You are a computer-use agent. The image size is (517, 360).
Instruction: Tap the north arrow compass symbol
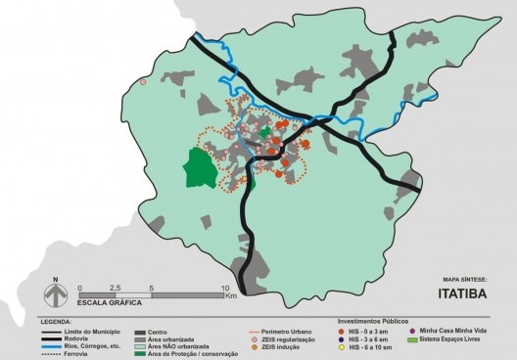tap(57, 292)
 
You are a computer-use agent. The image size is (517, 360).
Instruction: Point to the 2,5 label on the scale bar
tap(116, 289)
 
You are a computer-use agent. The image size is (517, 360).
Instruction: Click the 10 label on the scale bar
tap(224, 289)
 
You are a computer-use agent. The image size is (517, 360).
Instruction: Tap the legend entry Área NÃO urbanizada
tap(177, 345)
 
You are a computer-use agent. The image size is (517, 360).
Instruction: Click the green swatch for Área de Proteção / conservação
tap(139, 353)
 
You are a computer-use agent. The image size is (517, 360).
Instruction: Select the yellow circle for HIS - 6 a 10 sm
tap(343, 346)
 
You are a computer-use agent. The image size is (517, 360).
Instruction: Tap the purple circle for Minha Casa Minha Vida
tap(414, 331)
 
